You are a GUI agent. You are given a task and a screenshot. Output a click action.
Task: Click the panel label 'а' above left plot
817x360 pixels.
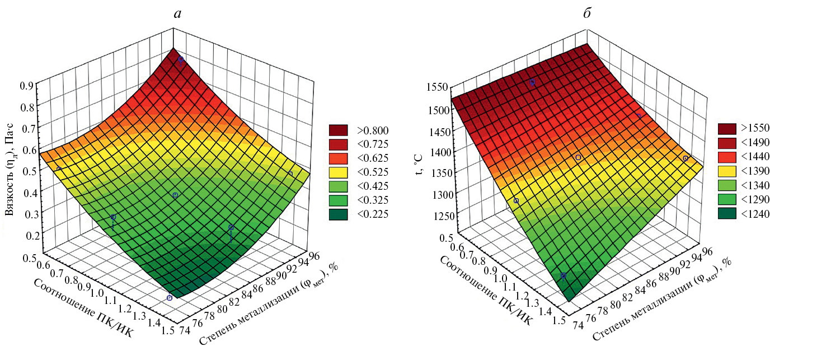(x=177, y=14)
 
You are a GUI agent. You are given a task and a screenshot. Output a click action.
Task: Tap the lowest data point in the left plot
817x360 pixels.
(x=170, y=298)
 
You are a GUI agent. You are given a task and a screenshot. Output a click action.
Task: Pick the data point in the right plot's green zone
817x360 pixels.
(x=563, y=276)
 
